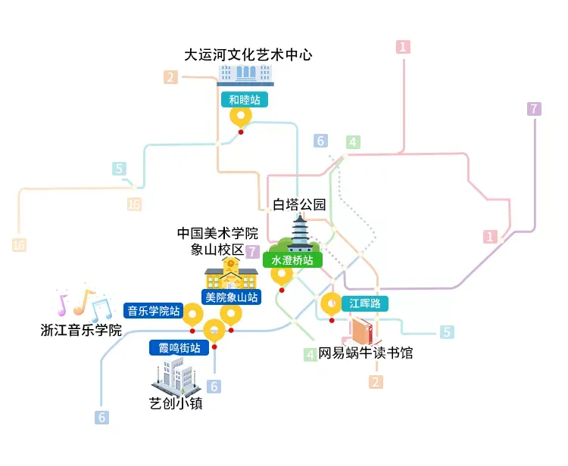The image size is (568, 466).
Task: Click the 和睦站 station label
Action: point(243,99)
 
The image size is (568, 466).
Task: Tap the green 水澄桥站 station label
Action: point(292,259)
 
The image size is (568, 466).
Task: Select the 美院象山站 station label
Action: point(230,297)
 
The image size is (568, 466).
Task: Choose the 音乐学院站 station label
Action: point(154,310)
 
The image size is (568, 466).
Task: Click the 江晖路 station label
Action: point(365,304)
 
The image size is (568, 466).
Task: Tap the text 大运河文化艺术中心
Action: point(248,54)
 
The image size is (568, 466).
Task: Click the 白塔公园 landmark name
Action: point(300,205)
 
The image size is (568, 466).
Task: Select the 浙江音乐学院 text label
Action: point(81,330)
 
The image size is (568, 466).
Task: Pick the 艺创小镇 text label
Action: point(176,403)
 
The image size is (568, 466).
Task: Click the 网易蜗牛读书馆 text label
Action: point(365,353)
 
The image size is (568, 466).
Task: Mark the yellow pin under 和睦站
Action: point(241,117)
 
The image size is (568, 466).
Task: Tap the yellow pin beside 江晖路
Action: point(332,304)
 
